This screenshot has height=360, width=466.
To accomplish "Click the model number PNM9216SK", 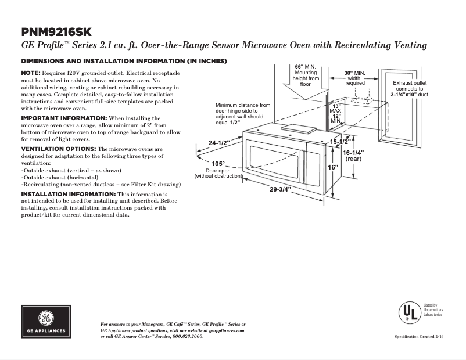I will pyautogui.click(x=56, y=31).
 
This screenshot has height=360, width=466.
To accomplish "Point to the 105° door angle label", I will pyautogui.click(x=218, y=164).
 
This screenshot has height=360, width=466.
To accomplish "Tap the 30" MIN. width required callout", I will pyautogui.click(x=355, y=73).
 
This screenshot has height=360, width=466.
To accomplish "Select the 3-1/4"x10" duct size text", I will pyautogui.click(x=409, y=94).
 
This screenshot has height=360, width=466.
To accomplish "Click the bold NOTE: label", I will pyautogui.click(x=31, y=72).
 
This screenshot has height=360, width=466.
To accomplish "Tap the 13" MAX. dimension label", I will pyautogui.click(x=336, y=107).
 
